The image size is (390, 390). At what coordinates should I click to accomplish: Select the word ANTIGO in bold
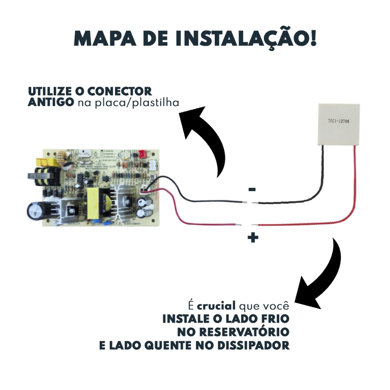(x=51, y=103)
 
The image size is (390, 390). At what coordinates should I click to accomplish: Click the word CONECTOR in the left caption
(x=120, y=92)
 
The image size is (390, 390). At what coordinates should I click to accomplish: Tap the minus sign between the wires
(x=252, y=189)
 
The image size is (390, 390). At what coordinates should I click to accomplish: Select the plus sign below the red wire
(x=253, y=238)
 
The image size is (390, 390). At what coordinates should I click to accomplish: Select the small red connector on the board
(x=142, y=154)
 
